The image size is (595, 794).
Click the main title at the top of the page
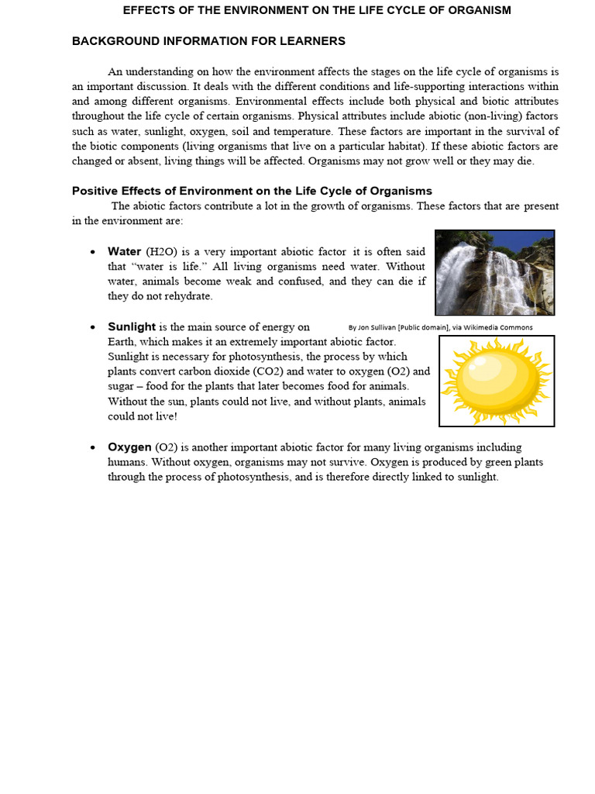[317, 10]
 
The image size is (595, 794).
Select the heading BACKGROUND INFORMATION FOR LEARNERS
[208, 41]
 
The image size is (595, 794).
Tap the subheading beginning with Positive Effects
[252, 191]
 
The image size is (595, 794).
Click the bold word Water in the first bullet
[124, 251]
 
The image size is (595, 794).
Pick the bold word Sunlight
[132, 326]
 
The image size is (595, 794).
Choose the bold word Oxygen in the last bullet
[129, 447]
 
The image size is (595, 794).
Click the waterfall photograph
[494, 272]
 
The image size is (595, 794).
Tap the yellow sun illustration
[496, 381]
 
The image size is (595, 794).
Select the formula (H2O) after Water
[161, 252]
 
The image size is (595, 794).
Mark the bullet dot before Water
[93, 252]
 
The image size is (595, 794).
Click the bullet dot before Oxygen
[93, 447]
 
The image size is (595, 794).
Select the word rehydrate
[187, 296]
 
